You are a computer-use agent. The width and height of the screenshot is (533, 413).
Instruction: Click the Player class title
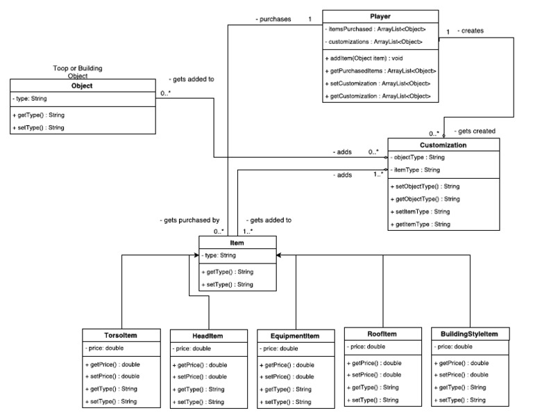coord(380,16)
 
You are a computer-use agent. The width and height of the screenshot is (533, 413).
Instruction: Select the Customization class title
coord(443,145)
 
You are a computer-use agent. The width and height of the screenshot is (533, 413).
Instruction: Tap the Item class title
coord(237,243)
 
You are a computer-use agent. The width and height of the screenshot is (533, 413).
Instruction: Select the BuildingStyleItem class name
coord(469,334)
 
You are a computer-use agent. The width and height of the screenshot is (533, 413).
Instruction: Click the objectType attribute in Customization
coord(420,158)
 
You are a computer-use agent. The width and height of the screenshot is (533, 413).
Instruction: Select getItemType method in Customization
coord(422,224)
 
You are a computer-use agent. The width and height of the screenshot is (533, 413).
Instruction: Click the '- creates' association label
coord(471,31)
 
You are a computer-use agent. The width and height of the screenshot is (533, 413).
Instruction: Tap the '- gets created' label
coord(474,131)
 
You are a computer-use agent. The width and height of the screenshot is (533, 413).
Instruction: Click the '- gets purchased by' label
coord(189,220)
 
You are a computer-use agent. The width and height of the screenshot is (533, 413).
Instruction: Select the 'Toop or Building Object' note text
coord(78,72)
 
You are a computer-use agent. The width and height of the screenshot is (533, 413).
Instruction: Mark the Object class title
coord(82,86)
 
